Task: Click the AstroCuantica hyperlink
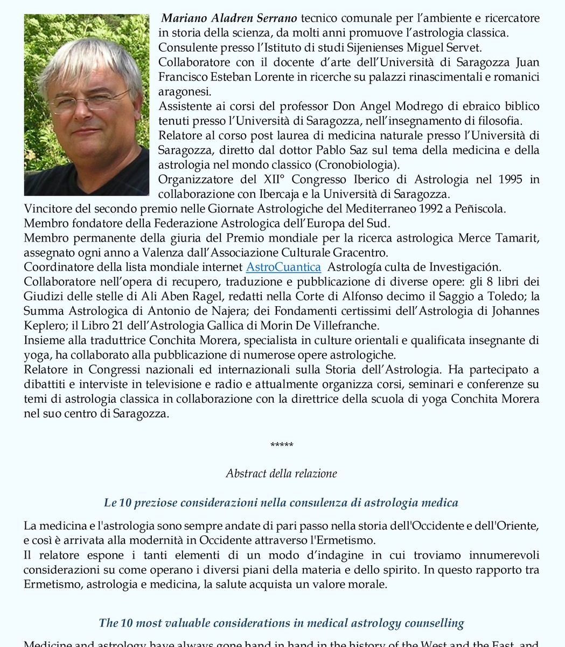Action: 283,267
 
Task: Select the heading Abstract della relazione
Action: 282,474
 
